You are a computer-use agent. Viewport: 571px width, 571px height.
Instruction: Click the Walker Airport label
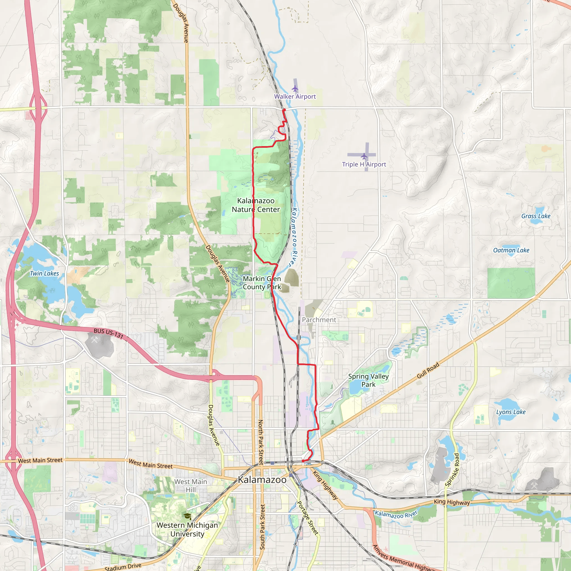coord(295,96)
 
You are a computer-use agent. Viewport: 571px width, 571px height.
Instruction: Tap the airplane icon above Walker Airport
coord(295,88)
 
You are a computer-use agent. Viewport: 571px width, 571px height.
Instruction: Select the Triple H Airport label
coord(364,164)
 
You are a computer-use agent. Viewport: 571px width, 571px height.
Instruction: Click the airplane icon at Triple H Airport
coord(364,156)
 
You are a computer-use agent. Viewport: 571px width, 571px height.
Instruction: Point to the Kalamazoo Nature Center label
coord(256,205)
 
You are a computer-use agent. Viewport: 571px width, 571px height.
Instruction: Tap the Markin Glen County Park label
coord(262,283)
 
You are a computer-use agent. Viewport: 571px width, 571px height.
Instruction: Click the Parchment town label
coord(319,320)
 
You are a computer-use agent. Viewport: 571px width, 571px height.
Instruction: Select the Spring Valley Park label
coord(368,380)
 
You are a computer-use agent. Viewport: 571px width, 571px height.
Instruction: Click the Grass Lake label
coord(536,216)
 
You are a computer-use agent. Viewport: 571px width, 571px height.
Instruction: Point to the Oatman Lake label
coord(511,250)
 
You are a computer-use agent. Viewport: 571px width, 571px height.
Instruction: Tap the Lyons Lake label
coord(511,412)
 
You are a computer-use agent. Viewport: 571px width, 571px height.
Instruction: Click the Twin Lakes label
coord(44,274)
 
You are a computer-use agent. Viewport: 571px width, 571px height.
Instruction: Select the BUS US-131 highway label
coord(108,333)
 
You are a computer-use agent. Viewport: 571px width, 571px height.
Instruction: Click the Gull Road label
coord(428,371)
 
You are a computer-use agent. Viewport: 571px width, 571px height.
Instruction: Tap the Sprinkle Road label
coord(452,470)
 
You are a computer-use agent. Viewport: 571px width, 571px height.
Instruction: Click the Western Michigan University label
coord(187,530)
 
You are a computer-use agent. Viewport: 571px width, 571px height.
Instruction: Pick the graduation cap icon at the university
coord(187,516)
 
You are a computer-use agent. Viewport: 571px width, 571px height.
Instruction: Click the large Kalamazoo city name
coord(262,480)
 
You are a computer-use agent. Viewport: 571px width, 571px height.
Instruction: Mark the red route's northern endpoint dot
coord(284,110)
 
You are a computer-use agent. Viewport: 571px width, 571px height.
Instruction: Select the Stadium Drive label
coord(123,567)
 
